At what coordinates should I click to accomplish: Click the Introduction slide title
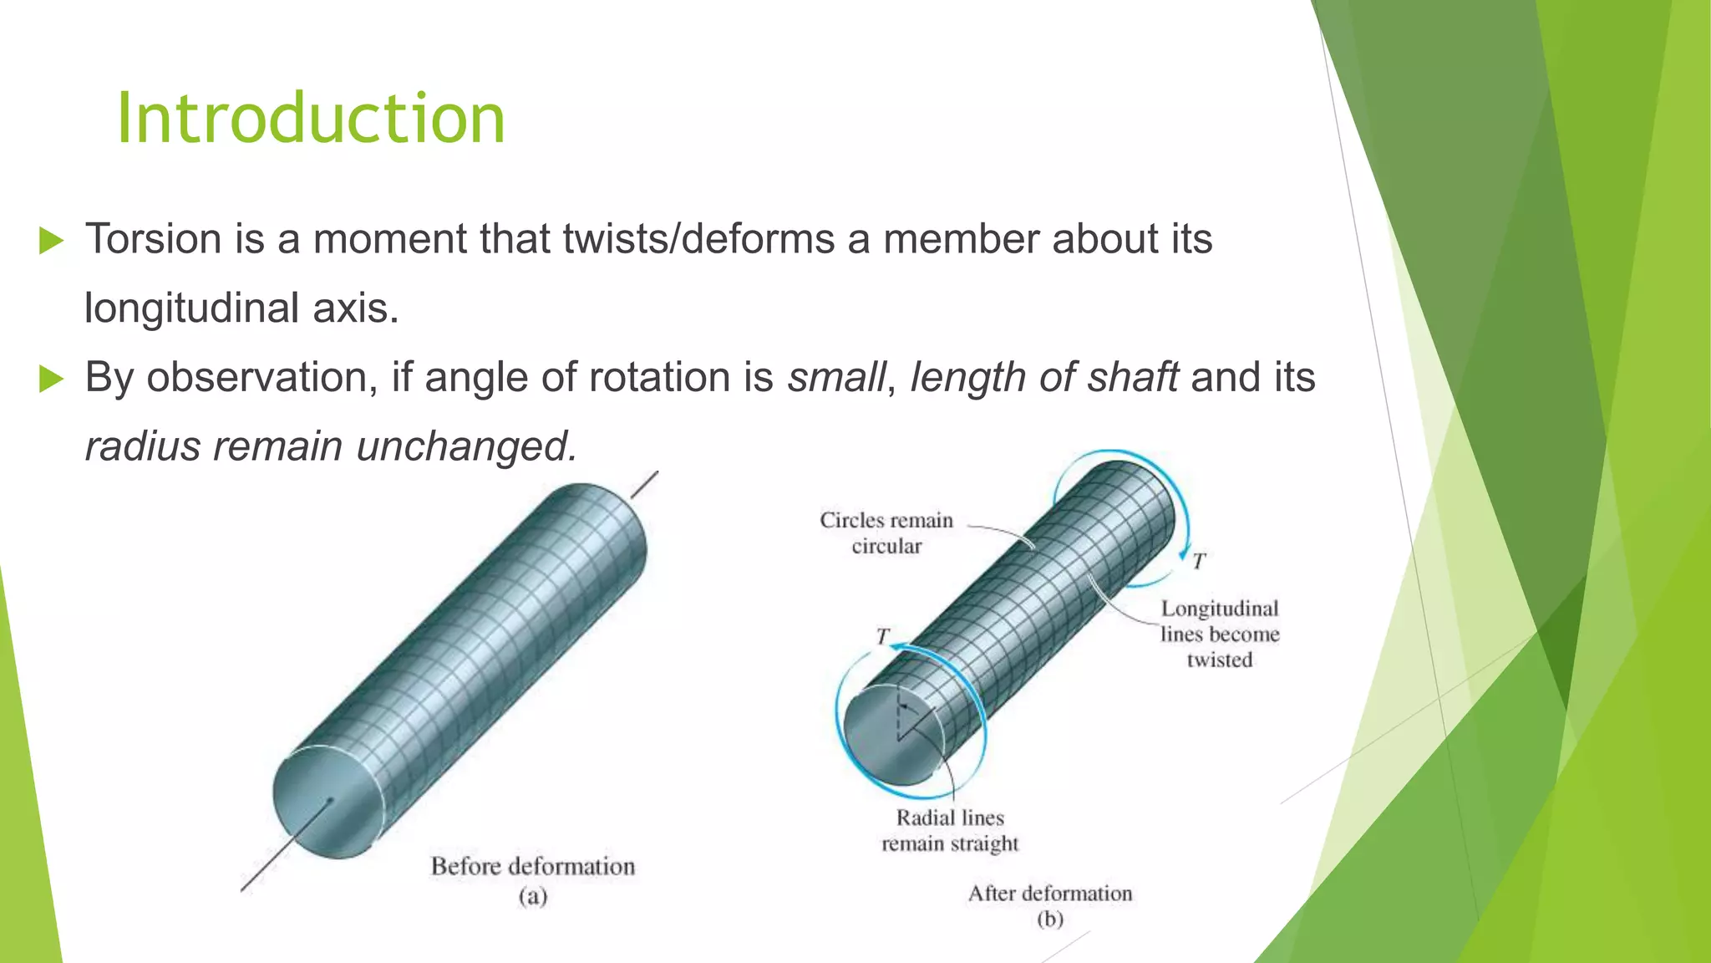pyautogui.click(x=311, y=119)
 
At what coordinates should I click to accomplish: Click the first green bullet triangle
pyautogui.click(x=52, y=242)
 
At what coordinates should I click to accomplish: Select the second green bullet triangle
pyautogui.click(x=52, y=380)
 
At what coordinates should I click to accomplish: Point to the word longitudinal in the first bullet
pyautogui.click(x=191, y=308)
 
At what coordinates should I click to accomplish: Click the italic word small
pyautogui.click(x=835, y=378)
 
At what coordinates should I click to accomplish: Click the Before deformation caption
pyautogui.click(x=532, y=866)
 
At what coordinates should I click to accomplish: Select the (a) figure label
pyautogui.click(x=532, y=897)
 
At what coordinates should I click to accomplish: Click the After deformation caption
pyautogui.click(x=1049, y=894)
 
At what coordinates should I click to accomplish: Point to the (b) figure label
pyautogui.click(x=1049, y=920)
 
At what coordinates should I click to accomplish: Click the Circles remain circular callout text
pyautogui.click(x=886, y=533)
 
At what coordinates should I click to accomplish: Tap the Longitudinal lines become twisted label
pyautogui.click(x=1219, y=634)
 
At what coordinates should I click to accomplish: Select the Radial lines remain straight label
pyautogui.click(x=950, y=831)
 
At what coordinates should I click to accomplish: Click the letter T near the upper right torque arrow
pyautogui.click(x=1199, y=562)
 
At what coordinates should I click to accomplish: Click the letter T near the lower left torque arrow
pyautogui.click(x=882, y=637)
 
